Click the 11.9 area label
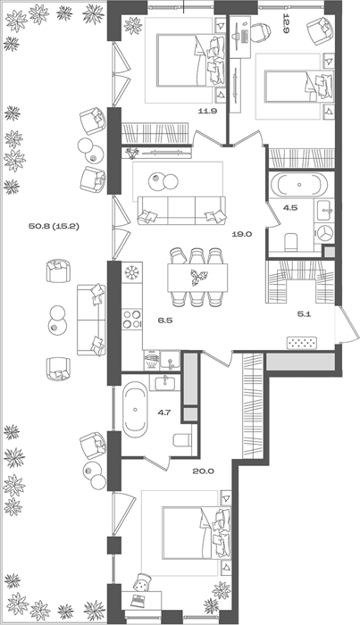click(x=207, y=112)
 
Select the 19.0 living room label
click(x=242, y=234)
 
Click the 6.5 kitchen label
click(x=165, y=320)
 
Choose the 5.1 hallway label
click(x=305, y=314)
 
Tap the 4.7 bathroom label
click(x=163, y=412)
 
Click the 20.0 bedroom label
click(x=204, y=471)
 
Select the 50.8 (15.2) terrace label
click(x=54, y=227)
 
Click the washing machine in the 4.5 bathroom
click(x=323, y=233)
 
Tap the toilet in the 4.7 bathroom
click(x=183, y=439)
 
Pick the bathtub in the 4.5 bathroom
click(x=299, y=185)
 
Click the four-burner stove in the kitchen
click(x=132, y=319)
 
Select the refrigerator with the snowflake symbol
click(x=131, y=272)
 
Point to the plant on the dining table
click(x=198, y=277)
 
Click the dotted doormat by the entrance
click(x=303, y=343)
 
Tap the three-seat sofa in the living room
click(x=182, y=211)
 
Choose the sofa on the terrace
click(x=91, y=320)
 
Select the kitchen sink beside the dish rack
click(x=171, y=360)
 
